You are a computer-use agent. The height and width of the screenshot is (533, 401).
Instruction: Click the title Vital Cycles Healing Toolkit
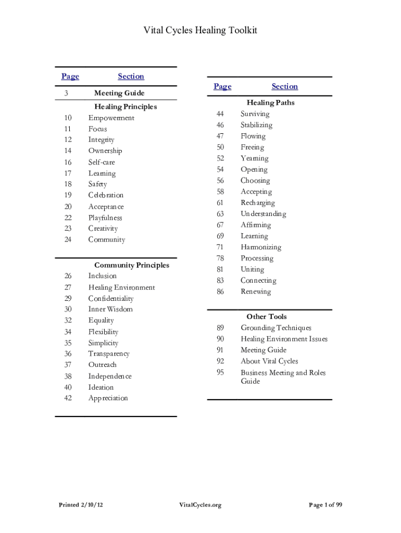(200, 31)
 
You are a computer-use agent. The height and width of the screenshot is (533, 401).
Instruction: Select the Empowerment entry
(111, 118)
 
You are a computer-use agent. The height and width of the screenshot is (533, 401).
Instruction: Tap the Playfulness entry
(105, 218)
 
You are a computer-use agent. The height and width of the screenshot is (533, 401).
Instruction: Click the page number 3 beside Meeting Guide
(66, 93)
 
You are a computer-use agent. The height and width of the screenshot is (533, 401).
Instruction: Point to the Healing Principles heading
(126, 107)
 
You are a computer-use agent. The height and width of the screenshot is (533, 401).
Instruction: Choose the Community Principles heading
(132, 265)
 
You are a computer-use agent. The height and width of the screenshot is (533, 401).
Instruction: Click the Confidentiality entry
(111, 298)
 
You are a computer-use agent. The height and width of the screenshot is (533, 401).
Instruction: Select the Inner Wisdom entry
(110, 309)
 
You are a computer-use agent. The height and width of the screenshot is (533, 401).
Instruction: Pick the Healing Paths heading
(270, 103)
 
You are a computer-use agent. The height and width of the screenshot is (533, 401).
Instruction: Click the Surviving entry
(255, 114)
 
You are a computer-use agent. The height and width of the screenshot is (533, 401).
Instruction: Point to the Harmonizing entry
(260, 247)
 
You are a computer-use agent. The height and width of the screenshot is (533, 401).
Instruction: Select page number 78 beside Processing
(220, 258)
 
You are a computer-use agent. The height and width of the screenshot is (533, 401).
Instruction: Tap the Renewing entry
(256, 291)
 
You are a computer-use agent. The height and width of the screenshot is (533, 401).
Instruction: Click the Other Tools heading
(267, 316)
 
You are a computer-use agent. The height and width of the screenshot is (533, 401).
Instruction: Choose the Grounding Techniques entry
(276, 328)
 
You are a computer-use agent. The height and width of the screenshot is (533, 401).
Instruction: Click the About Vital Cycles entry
(269, 361)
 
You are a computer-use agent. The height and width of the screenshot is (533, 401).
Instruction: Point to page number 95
(220, 373)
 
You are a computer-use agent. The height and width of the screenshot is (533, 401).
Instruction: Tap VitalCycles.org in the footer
(200, 505)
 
